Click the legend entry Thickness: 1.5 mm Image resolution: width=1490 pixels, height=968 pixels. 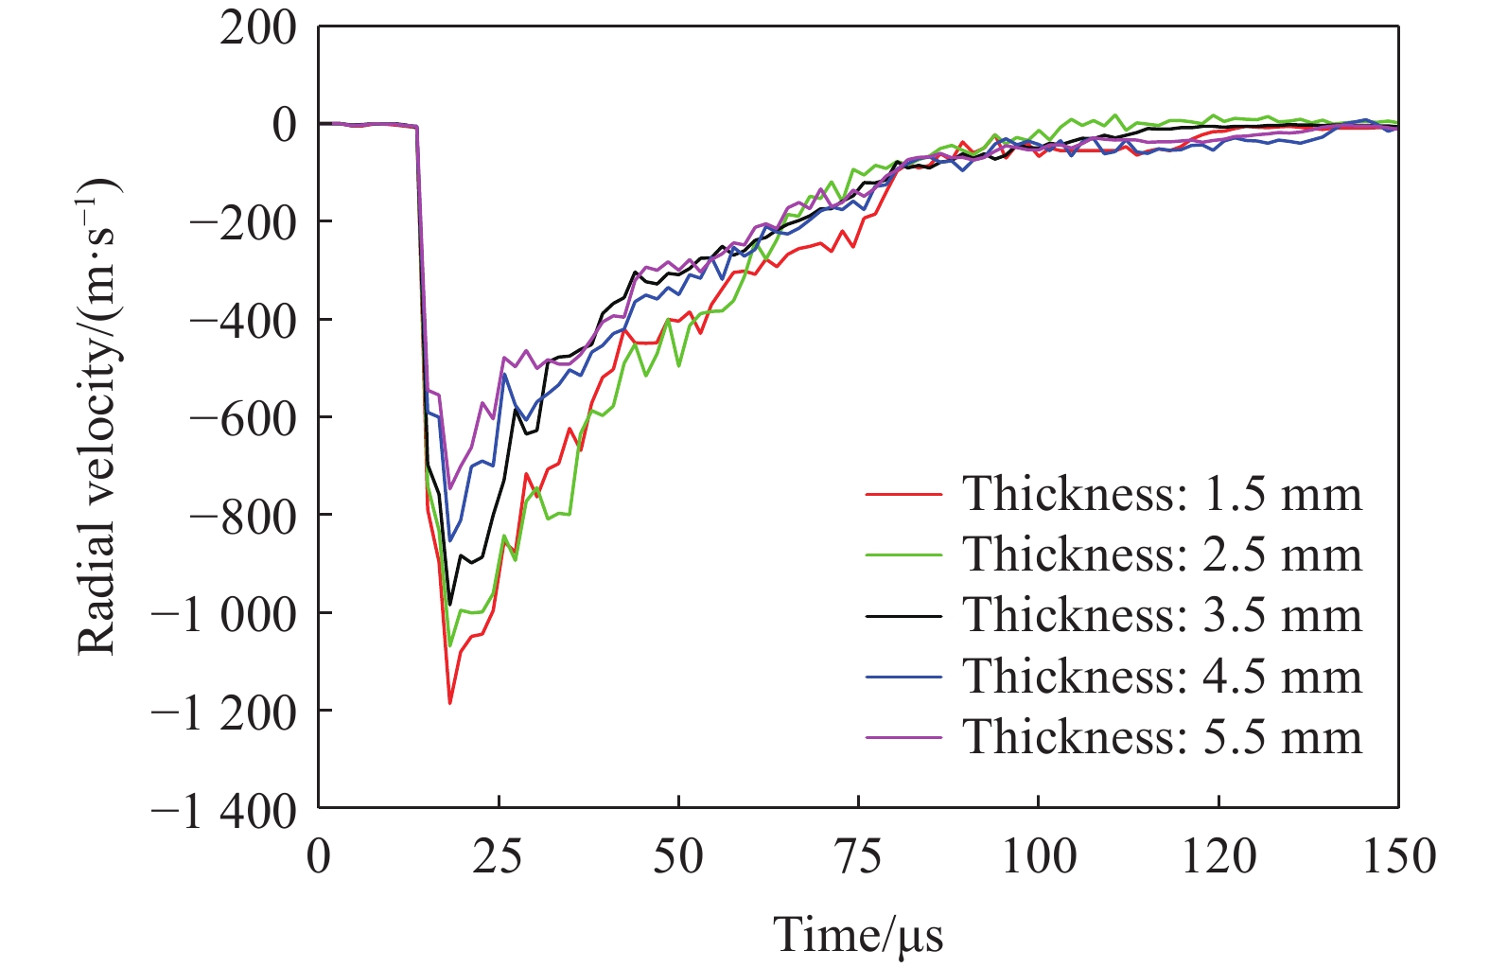pyautogui.click(x=1162, y=494)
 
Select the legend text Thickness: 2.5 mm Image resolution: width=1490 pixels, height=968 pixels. pyautogui.click(x=1162, y=554)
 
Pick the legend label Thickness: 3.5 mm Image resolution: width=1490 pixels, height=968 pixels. pyautogui.click(x=1162, y=615)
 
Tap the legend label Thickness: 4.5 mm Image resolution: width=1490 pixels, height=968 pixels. pyautogui.click(x=1162, y=676)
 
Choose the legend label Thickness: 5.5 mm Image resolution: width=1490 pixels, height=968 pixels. pyautogui.click(x=1162, y=736)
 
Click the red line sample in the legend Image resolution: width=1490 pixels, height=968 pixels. pyautogui.click(x=903, y=494)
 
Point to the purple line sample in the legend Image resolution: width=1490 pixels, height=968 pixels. pyautogui.click(x=903, y=737)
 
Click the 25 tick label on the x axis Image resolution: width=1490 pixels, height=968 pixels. pyautogui.click(x=498, y=857)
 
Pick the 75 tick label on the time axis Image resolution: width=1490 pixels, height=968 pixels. pyautogui.click(x=858, y=857)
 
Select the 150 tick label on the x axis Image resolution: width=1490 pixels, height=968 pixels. pyautogui.click(x=1398, y=857)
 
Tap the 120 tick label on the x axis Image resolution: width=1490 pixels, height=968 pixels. pyautogui.click(x=1218, y=857)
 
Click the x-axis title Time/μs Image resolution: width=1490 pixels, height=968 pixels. pyautogui.click(x=858, y=935)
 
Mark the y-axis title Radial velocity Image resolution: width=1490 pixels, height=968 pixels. pyautogui.click(x=96, y=416)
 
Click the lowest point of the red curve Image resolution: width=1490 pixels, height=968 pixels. pyautogui.click(x=450, y=703)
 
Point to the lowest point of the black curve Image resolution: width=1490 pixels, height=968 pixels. pyautogui.click(x=450, y=604)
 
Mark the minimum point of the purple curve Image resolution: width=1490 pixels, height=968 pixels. pyautogui.click(x=450, y=489)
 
